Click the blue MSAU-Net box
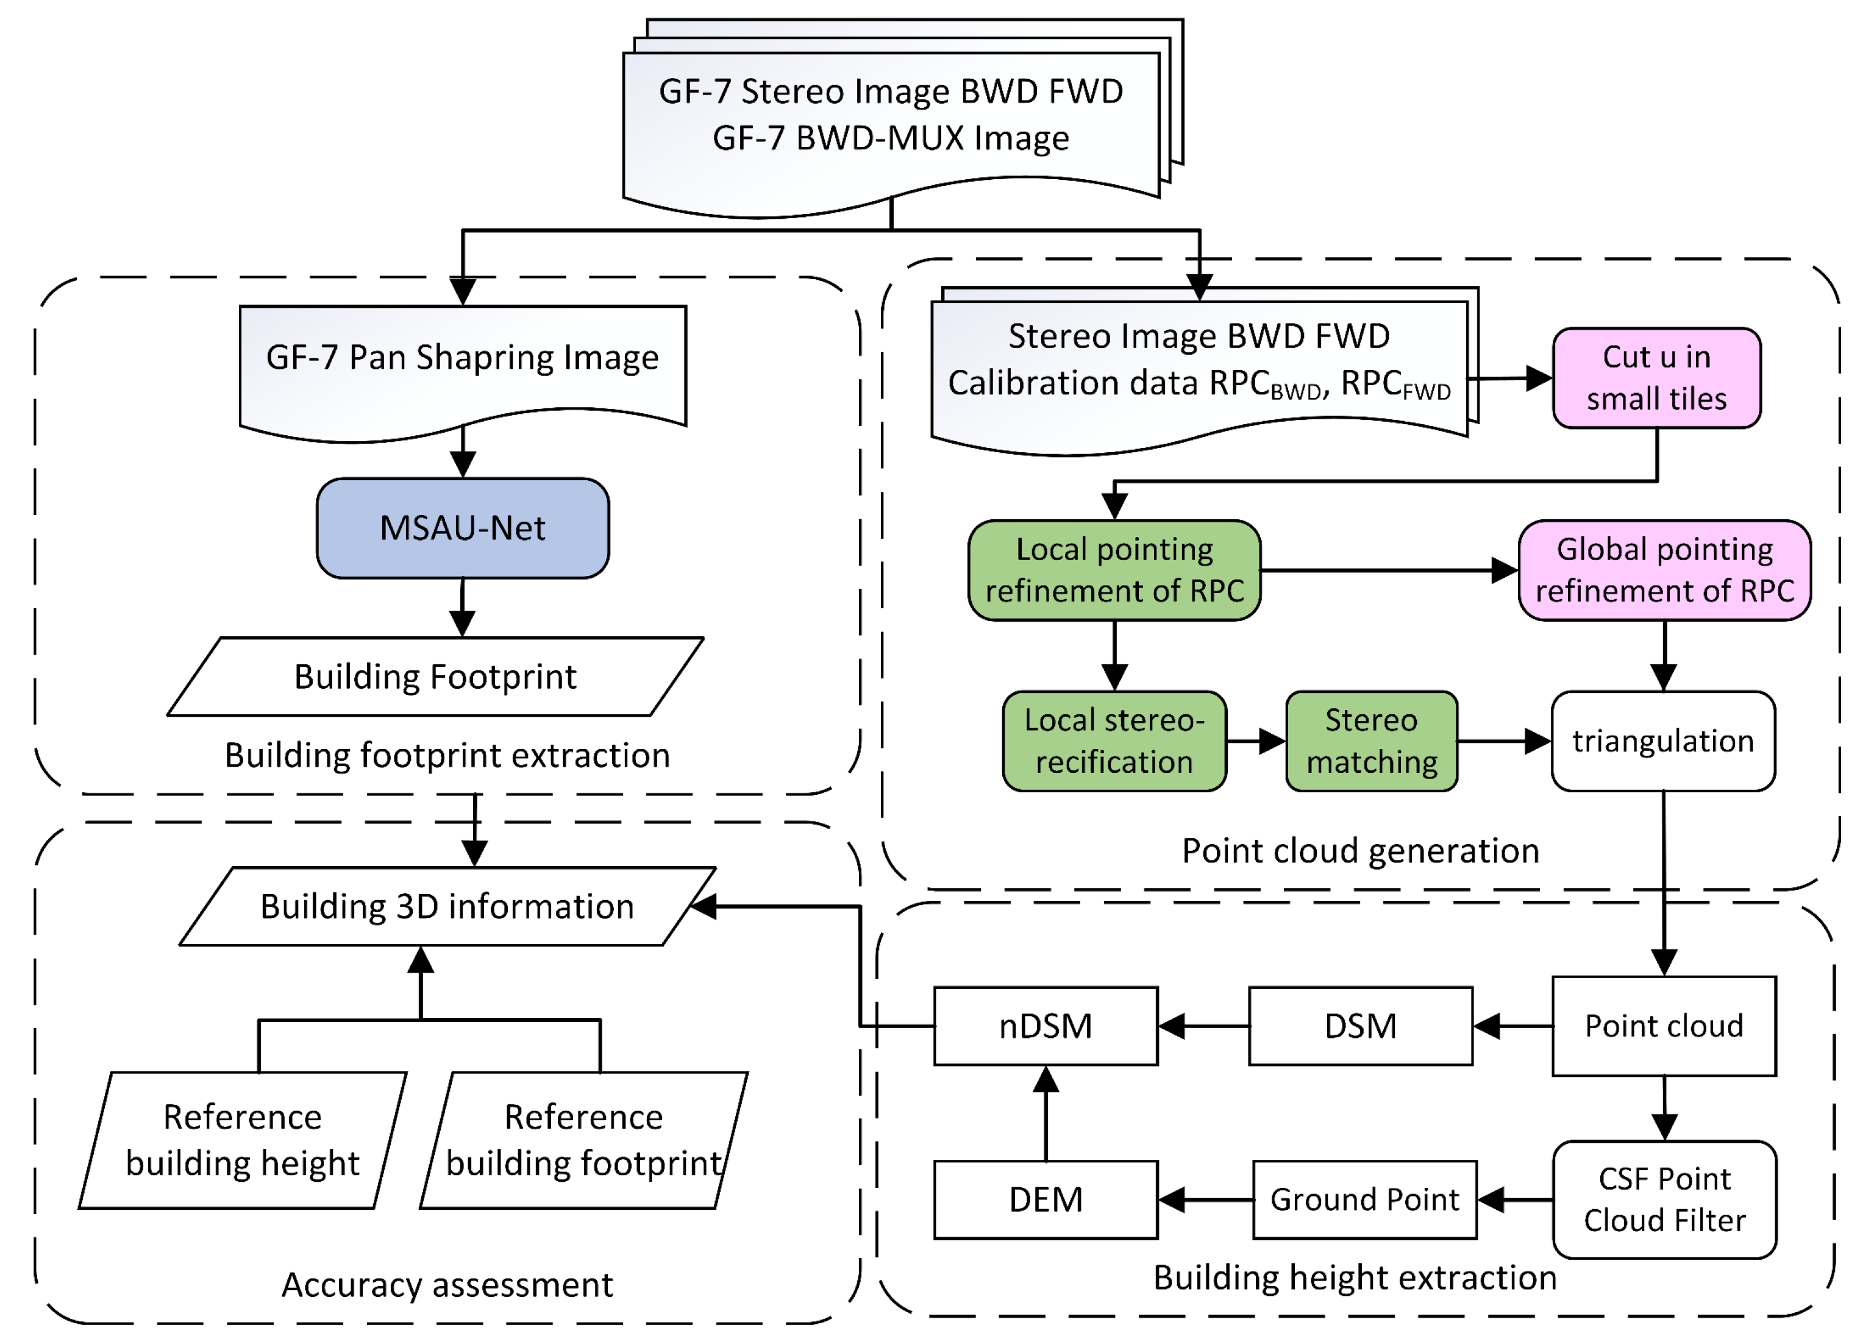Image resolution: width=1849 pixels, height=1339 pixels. [462, 528]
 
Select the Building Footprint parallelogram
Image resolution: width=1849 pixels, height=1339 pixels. [435, 677]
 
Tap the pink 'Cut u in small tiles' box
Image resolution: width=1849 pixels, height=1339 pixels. [1656, 378]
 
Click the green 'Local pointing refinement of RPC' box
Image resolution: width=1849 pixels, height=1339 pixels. [1114, 570]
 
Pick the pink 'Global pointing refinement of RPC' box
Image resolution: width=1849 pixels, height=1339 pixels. [1664, 570]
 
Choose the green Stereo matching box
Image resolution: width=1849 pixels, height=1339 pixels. [1371, 741]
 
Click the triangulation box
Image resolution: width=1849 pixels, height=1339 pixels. [1662, 741]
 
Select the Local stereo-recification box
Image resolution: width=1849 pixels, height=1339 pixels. [1114, 741]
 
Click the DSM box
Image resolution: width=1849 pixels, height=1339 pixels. [1360, 1026]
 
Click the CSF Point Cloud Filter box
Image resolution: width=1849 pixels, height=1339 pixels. [1664, 1199]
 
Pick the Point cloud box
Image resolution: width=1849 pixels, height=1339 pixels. [1663, 1026]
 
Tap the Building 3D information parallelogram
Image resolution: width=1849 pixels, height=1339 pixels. [447, 906]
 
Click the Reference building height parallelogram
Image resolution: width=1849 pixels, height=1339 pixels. [242, 1139]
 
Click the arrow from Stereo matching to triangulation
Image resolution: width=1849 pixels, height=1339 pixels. [1503, 741]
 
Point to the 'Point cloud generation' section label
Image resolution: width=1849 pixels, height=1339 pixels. [1360, 851]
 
